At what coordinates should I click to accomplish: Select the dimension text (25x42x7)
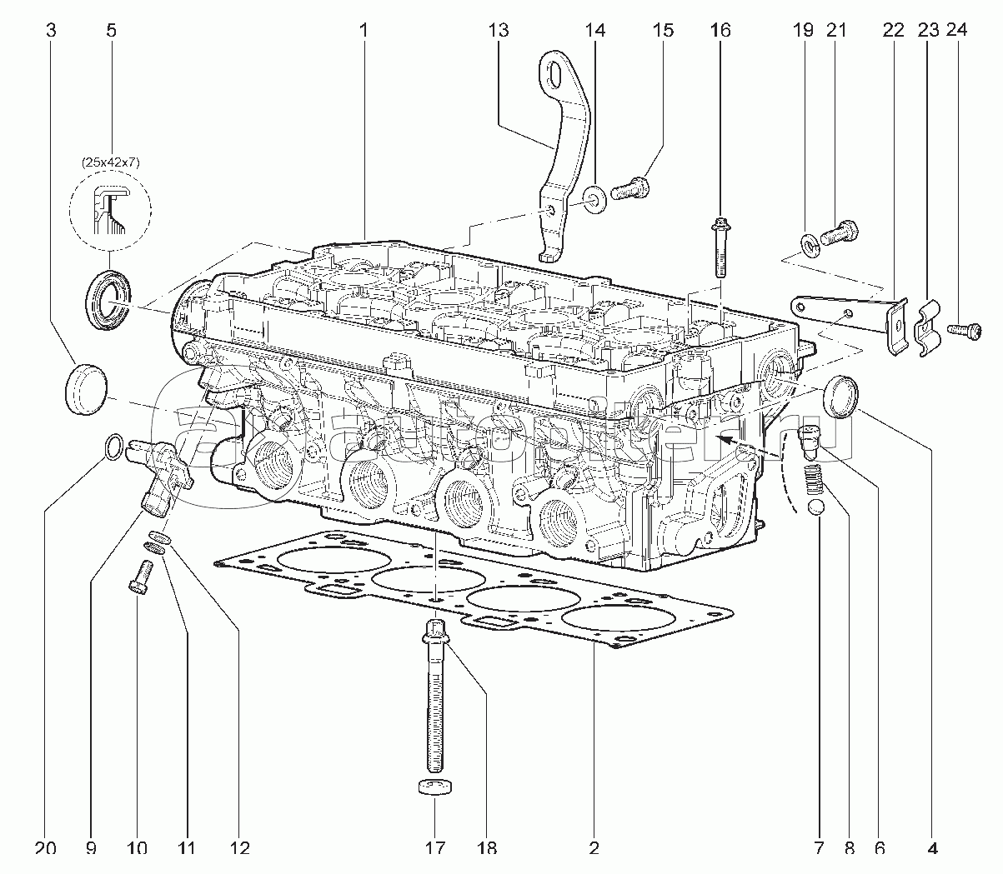coord(110,162)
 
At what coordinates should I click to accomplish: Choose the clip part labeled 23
coord(927,327)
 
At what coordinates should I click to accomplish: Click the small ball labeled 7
coord(818,508)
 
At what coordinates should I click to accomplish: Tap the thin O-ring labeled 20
coord(115,448)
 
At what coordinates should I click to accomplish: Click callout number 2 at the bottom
coord(594,848)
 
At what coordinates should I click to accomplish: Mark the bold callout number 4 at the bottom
coord(932,848)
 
